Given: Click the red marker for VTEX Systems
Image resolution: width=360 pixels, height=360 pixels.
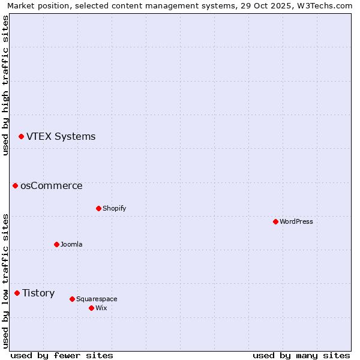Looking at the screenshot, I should pyautogui.click(x=21, y=137).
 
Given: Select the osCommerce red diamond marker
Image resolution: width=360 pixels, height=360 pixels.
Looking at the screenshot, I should pyautogui.click(x=16, y=186).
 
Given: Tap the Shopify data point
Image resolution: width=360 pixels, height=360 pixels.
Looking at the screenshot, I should pyautogui.click(x=98, y=208).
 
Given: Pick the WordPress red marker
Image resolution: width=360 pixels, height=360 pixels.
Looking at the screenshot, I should pyautogui.click(x=275, y=221).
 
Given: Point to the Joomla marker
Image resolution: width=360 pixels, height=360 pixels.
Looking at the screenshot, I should pyautogui.click(x=56, y=244).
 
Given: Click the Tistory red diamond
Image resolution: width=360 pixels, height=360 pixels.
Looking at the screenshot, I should pyautogui.click(x=17, y=293).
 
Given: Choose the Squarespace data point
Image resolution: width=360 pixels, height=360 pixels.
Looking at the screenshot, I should pyautogui.click(x=72, y=299).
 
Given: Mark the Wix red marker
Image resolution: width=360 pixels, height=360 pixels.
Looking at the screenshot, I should pyautogui.click(x=91, y=308).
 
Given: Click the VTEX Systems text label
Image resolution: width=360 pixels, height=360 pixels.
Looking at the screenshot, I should pyautogui.click(x=61, y=137).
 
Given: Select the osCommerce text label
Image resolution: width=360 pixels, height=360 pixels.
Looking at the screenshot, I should pyautogui.click(x=52, y=186).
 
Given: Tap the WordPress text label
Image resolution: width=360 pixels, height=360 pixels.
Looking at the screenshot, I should pyautogui.click(x=296, y=221).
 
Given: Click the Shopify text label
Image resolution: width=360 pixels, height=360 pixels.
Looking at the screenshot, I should pyautogui.click(x=115, y=208).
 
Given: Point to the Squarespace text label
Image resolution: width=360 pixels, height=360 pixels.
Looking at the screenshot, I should pyautogui.click(x=97, y=299).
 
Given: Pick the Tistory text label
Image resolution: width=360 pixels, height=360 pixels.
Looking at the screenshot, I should pyautogui.click(x=38, y=293).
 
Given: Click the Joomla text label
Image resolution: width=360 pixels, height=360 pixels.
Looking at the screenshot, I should pyautogui.click(x=71, y=244).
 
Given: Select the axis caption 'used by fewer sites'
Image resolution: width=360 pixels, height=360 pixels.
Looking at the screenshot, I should pyautogui.click(x=62, y=356).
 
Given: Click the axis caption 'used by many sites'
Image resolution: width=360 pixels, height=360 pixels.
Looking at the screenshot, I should pyautogui.click(x=301, y=356).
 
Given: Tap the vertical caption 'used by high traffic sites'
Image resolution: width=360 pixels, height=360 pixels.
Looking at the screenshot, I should pyautogui.click(x=5, y=85).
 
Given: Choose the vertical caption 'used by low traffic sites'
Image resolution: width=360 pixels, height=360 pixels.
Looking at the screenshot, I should pyautogui.click(x=5, y=281).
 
